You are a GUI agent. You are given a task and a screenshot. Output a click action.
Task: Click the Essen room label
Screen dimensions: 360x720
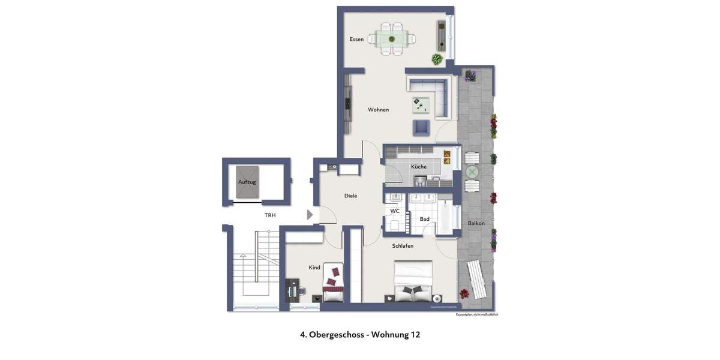click(x=356, y=40)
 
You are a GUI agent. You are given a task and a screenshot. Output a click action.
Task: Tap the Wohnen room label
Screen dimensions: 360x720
click(x=378, y=110)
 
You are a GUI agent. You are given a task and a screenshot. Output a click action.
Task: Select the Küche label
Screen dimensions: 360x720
click(x=419, y=167)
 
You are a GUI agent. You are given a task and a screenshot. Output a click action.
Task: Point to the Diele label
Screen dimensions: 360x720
click(x=350, y=196)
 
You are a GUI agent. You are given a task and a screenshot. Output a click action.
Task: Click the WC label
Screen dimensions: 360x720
click(x=395, y=211)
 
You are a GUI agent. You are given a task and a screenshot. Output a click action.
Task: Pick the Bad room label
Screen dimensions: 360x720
click(x=424, y=219)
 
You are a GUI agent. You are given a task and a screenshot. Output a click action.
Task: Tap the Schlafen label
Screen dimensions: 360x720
click(x=403, y=246)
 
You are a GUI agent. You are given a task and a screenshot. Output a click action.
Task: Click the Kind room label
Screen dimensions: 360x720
click(x=314, y=267)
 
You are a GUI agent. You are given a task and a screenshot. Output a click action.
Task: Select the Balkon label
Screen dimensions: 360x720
click(x=476, y=223)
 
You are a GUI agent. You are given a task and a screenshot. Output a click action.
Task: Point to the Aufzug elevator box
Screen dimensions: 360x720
click(x=247, y=181)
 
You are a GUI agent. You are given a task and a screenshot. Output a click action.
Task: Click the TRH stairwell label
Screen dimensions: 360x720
click(x=270, y=215)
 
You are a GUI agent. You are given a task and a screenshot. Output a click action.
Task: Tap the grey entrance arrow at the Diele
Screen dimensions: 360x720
click(x=310, y=215)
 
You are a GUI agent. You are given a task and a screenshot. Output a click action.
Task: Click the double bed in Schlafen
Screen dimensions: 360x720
click(x=413, y=282)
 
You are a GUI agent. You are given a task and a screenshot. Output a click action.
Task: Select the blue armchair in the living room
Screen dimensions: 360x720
click(x=421, y=128)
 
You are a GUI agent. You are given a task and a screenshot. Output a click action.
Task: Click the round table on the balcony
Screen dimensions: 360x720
click(x=472, y=172)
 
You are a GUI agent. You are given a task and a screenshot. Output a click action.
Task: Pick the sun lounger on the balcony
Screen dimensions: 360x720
click(x=477, y=280)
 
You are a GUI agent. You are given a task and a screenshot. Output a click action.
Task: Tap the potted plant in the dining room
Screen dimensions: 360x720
click(x=437, y=59)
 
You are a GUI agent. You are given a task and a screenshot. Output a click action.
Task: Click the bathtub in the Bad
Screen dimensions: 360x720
click(x=445, y=220)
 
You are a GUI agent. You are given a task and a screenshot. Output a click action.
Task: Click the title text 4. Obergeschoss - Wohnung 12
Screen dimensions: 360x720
click(x=360, y=335)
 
